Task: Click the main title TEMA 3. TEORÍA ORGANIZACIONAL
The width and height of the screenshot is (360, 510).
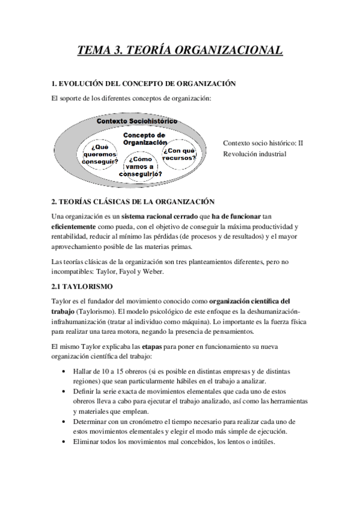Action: [180, 51]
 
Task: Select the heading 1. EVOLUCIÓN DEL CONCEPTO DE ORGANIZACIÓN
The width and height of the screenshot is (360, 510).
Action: [144, 84]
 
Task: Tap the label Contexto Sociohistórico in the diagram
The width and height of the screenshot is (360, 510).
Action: [137, 121]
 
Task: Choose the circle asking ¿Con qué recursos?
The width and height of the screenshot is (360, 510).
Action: [179, 154]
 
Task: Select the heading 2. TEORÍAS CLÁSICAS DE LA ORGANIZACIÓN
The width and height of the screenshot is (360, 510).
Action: [133, 201]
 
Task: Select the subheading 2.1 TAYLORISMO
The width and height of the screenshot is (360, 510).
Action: [78, 286]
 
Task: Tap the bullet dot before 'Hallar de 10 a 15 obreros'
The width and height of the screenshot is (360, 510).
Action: [64, 372]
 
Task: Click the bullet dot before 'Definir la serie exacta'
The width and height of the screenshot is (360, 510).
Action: [64, 391]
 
